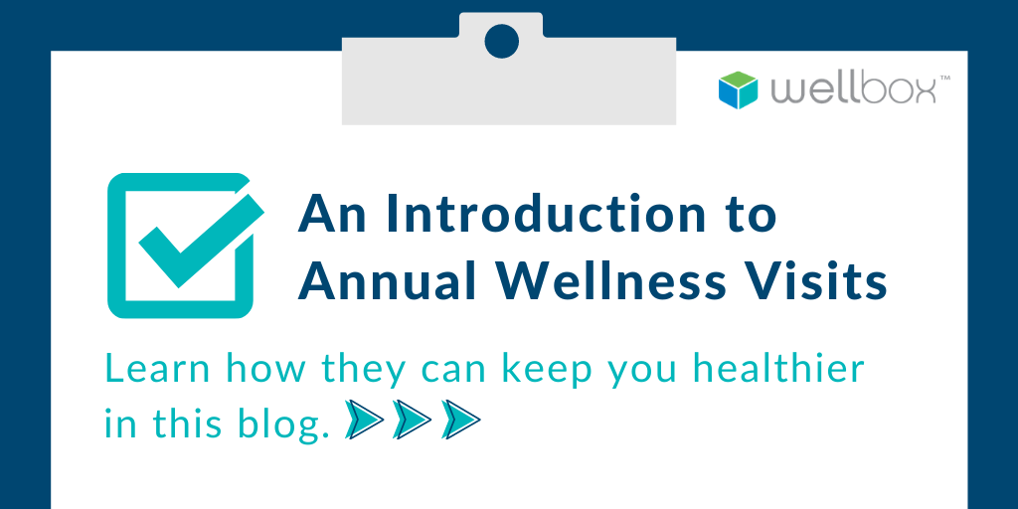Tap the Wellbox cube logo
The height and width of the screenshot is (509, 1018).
click(x=739, y=88)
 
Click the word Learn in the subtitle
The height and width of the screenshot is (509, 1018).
click(x=158, y=370)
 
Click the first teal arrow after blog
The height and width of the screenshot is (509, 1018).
click(x=364, y=421)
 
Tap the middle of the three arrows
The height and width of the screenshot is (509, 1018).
click(x=412, y=421)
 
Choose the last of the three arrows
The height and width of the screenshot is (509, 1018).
click(x=459, y=421)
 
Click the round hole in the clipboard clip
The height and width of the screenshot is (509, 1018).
click(x=502, y=42)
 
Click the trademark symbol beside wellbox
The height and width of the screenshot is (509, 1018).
click(x=944, y=79)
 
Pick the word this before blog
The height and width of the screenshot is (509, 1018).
click(x=189, y=424)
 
